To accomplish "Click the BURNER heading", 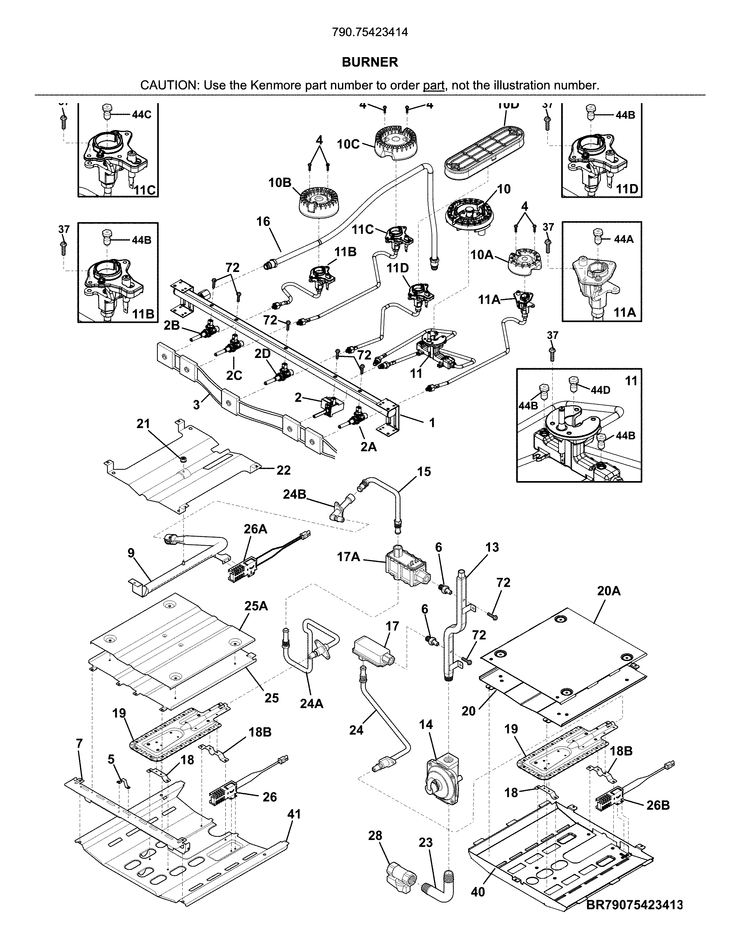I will pos(370,62).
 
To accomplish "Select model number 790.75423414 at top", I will pos(370,32).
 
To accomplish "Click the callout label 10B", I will pos(279,182).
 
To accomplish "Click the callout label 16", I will pos(263,222).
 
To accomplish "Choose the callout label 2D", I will pos(262,354).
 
